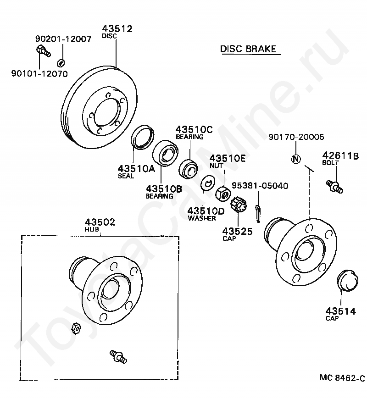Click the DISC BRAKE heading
tap(248, 49)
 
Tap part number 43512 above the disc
tap(117, 28)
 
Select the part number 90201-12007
tap(63, 39)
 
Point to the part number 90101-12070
tap(39, 74)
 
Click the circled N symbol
tap(296, 159)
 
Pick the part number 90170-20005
tap(296, 137)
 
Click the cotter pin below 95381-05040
tap(258, 213)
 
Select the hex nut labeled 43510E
tap(223, 194)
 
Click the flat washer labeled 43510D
tap(208, 183)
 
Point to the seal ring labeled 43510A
tap(142, 137)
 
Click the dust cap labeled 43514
tap(347, 280)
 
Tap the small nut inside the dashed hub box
tap(76, 328)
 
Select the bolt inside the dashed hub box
tap(118, 356)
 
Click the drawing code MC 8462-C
tap(342, 377)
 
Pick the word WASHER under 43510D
tap(202, 218)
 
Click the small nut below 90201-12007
tap(61, 62)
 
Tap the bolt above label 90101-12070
tap(44, 51)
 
